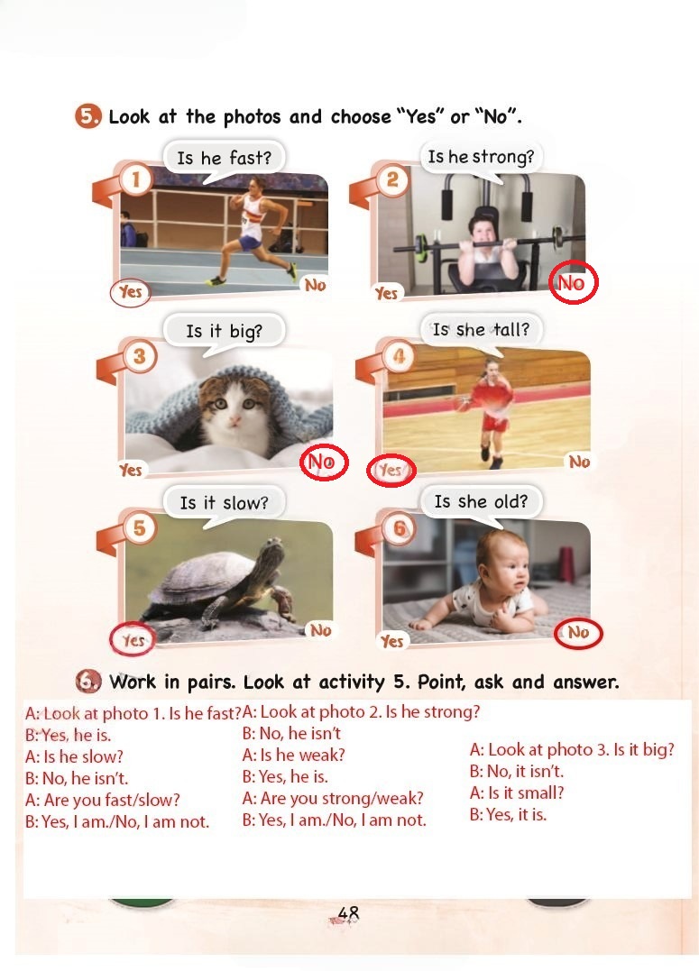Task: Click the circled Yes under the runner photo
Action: coord(130,292)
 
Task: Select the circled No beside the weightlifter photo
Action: coord(574,282)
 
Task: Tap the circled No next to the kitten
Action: coord(324,462)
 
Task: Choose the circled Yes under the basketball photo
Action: coord(391,471)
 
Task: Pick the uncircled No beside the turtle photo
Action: coord(321,630)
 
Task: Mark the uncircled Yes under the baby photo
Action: coord(392,641)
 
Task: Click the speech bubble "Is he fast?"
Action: coord(225,160)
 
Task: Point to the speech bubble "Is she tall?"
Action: coord(481,331)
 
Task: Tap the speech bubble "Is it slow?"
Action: coord(225,503)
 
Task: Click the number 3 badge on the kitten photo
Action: coord(140,356)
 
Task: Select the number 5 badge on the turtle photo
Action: coord(140,527)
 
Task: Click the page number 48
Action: coord(348,912)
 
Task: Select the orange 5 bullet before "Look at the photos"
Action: coord(87,116)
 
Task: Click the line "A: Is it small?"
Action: coord(517,793)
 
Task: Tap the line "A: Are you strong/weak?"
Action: coord(333,798)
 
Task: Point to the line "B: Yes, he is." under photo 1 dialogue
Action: coord(69,736)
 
